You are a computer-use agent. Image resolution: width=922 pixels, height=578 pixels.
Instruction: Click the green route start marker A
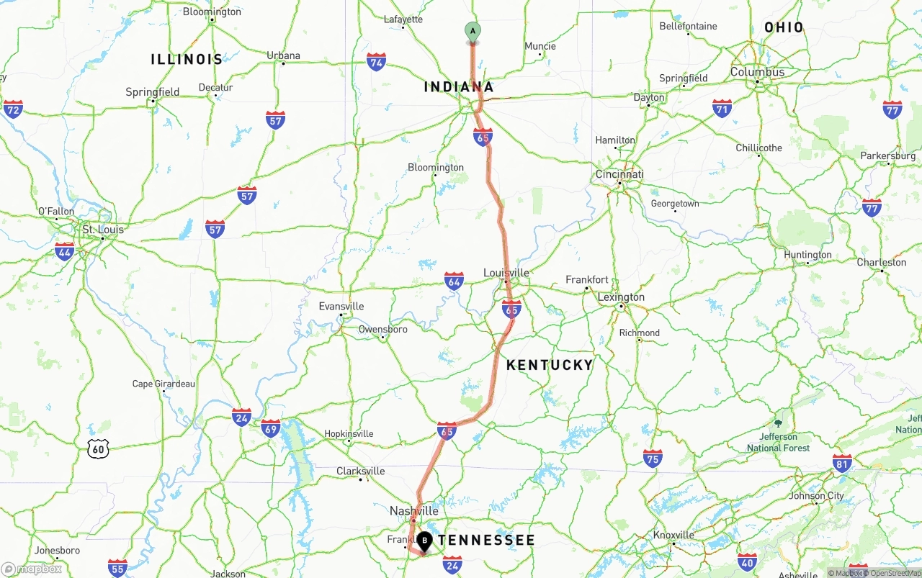[473, 32]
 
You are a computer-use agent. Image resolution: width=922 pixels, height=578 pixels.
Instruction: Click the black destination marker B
[424, 540]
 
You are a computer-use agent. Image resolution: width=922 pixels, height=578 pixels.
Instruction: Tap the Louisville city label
[506, 273]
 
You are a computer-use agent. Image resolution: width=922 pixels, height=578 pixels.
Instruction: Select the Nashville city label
[413, 511]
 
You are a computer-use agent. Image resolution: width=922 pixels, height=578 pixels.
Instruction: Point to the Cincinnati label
[619, 175]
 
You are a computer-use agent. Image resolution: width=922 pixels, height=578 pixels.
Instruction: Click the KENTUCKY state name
[549, 365]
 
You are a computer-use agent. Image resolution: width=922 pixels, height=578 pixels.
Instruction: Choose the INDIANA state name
[459, 87]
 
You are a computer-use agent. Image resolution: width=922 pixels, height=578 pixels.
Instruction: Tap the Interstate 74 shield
[376, 62]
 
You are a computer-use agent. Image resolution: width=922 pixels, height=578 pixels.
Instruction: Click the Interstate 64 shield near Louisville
[454, 281]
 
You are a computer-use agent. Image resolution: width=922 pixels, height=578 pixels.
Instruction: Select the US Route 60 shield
[98, 450]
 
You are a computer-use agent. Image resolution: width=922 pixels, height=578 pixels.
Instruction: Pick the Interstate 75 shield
[653, 459]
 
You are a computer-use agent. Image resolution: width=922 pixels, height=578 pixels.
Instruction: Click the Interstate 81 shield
[842, 463]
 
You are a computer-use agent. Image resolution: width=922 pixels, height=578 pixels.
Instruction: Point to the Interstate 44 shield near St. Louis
[64, 251]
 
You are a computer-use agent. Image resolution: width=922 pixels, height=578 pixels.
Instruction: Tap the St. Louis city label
[103, 230]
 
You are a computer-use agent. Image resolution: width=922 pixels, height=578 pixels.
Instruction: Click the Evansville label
[341, 307]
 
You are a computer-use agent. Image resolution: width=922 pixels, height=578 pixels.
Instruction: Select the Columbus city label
[757, 72]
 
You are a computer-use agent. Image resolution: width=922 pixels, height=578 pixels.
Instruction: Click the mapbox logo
[32, 569]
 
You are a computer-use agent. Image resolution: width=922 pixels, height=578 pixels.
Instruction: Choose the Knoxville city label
[673, 535]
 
